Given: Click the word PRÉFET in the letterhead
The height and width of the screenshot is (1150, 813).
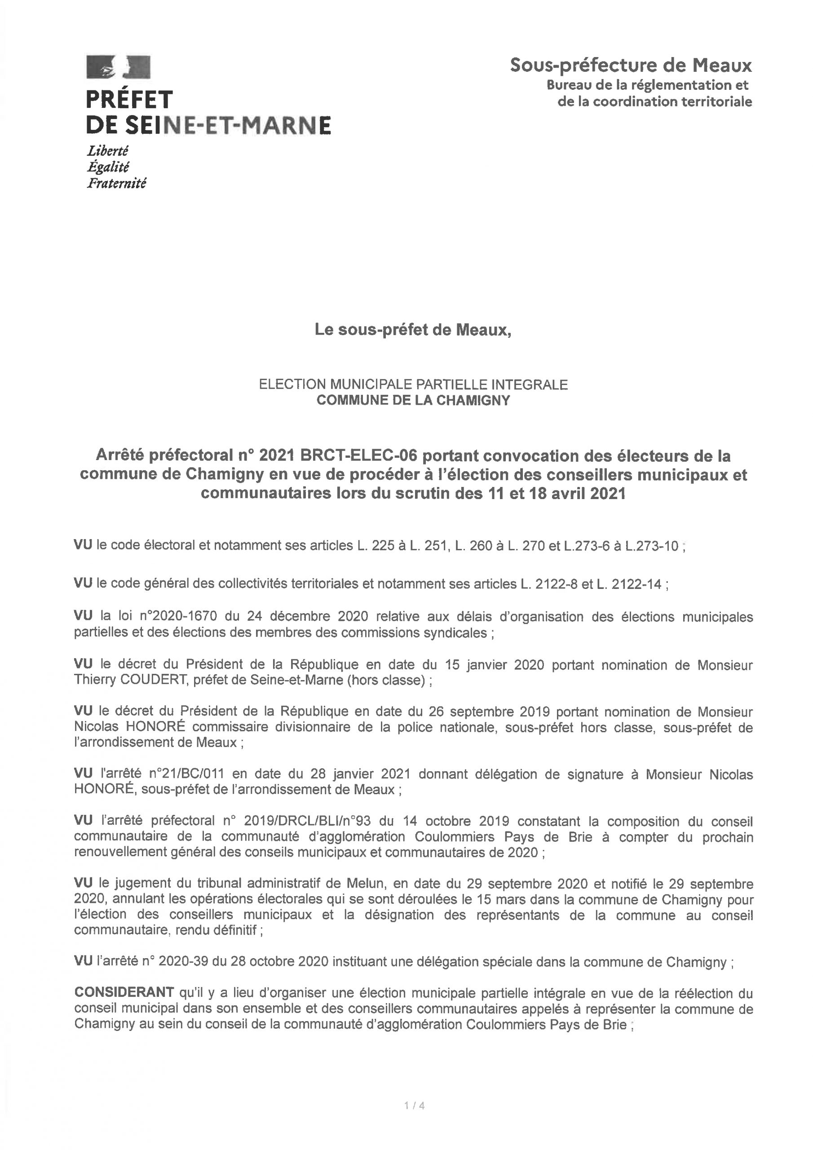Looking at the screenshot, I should pyautogui.click(x=129, y=100).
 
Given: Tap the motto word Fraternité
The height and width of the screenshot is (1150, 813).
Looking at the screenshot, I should pyautogui.click(x=117, y=183).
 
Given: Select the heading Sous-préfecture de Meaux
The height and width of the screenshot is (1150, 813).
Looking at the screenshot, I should pyautogui.click(x=631, y=65).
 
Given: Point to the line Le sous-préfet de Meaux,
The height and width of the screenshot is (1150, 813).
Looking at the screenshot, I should pyautogui.click(x=413, y=330).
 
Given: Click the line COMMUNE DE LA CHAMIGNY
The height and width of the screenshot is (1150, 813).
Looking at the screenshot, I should pyautogui.click(x=413, y=400).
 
